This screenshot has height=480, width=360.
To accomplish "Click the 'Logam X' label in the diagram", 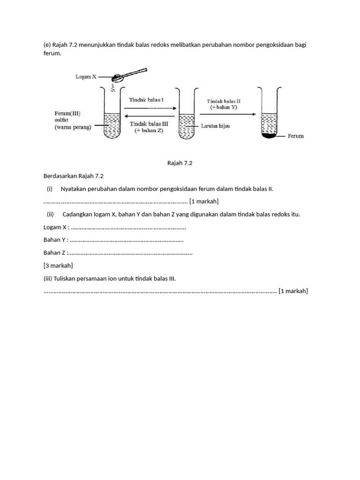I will [86, 77].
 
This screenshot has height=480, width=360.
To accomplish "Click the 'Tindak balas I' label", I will [146, 100].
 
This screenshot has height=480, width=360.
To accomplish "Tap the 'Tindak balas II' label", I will [224, 101].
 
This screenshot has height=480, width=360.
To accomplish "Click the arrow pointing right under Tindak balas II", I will [227, 114].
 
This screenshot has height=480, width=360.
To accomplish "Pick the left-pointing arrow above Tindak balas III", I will [150, 117].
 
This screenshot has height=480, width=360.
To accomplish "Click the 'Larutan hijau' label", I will [216, 126].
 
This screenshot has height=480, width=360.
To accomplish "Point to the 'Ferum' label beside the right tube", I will [295, 136].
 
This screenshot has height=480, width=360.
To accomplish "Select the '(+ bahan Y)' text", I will [224, 107].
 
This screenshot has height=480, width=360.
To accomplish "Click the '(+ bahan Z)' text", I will [149, 130].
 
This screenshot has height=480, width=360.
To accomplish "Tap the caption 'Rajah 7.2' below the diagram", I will [180, 163].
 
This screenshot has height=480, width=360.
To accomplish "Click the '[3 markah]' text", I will [58, 265].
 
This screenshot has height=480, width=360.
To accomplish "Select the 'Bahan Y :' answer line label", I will [56, 240].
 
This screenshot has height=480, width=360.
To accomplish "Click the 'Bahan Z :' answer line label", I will [55, 253].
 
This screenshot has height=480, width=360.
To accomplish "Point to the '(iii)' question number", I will [48, 278].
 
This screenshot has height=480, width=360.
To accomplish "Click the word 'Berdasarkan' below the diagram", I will [60, 176].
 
